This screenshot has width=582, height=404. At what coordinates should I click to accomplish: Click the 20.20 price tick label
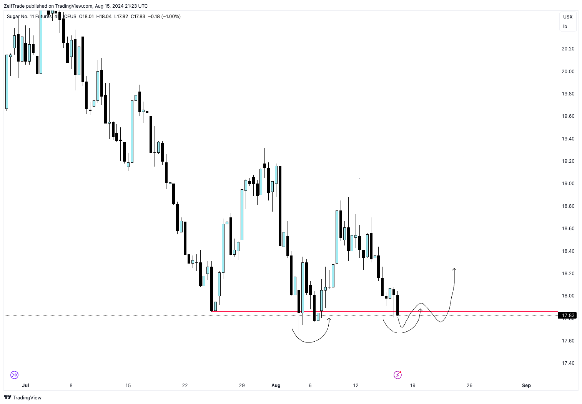click(568, 49)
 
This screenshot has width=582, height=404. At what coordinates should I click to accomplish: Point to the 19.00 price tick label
click(568, 184)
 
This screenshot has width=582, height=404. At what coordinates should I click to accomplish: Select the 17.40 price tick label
click(568, 363)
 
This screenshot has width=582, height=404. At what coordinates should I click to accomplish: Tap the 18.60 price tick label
click(568, 229)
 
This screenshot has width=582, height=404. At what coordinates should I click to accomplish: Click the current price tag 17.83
click(568, 316)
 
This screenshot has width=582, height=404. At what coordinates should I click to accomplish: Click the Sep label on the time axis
click(526, 385)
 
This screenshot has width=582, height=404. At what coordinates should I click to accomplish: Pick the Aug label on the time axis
click(276, 385)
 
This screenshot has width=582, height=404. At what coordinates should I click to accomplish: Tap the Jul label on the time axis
click(26, 385)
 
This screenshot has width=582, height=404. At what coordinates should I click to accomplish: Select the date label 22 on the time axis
click(185, 385)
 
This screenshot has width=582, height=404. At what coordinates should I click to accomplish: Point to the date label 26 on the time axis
click(469, 385)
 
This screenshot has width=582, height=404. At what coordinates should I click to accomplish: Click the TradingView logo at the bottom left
click(23, 397)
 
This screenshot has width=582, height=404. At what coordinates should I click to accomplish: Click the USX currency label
click(568, 17)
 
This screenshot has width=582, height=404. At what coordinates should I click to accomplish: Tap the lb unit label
click(565, 27)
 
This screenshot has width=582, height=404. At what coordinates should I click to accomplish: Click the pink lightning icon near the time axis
click(397, 375)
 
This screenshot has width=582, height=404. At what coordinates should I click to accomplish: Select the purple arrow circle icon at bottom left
click(14, 375)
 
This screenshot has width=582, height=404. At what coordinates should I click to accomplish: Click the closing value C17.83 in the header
click(138, 17)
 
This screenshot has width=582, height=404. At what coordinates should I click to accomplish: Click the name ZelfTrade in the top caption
click(14, 6)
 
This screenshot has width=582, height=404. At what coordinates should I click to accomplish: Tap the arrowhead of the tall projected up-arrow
click(454, 269)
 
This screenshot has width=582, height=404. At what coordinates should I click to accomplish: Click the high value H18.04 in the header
click(104, 17)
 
